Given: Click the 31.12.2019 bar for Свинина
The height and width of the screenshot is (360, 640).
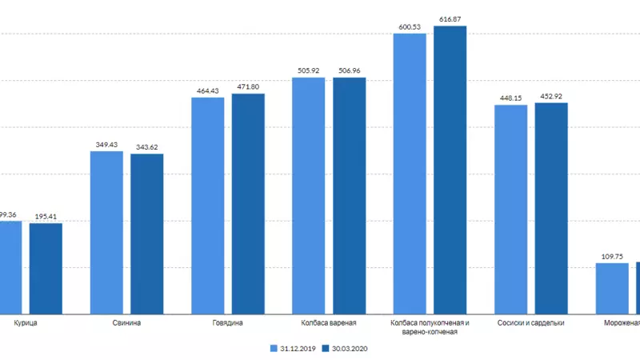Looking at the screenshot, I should click(106, 232).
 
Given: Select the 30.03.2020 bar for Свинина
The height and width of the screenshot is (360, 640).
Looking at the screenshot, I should click(147, 234).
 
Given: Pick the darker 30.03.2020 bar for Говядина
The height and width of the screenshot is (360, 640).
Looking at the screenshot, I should click(248, 204).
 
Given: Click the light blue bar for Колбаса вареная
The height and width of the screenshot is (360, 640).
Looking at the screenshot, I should click(309, 195).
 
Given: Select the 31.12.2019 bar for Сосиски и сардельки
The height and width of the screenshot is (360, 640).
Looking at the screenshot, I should click(510, 209).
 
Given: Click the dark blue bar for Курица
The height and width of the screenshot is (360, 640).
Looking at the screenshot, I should click(46, 268).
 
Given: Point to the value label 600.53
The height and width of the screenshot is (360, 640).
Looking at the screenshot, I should click(410, 27).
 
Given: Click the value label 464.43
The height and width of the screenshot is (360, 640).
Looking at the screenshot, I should click(208, 90).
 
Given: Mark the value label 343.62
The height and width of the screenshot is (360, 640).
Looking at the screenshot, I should click(147, 146).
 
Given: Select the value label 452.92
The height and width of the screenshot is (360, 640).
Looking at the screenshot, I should click(551, 96).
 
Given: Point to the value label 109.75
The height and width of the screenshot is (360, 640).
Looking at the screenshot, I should click(612, 256).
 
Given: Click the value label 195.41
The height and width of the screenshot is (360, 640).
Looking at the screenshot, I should click(46, 216).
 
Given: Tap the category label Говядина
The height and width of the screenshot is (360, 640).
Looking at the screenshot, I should click(228, 323).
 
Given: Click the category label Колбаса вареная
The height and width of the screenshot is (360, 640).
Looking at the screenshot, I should click(329, 323).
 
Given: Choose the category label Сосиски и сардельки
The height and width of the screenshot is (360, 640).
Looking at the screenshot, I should click(531, 323).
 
